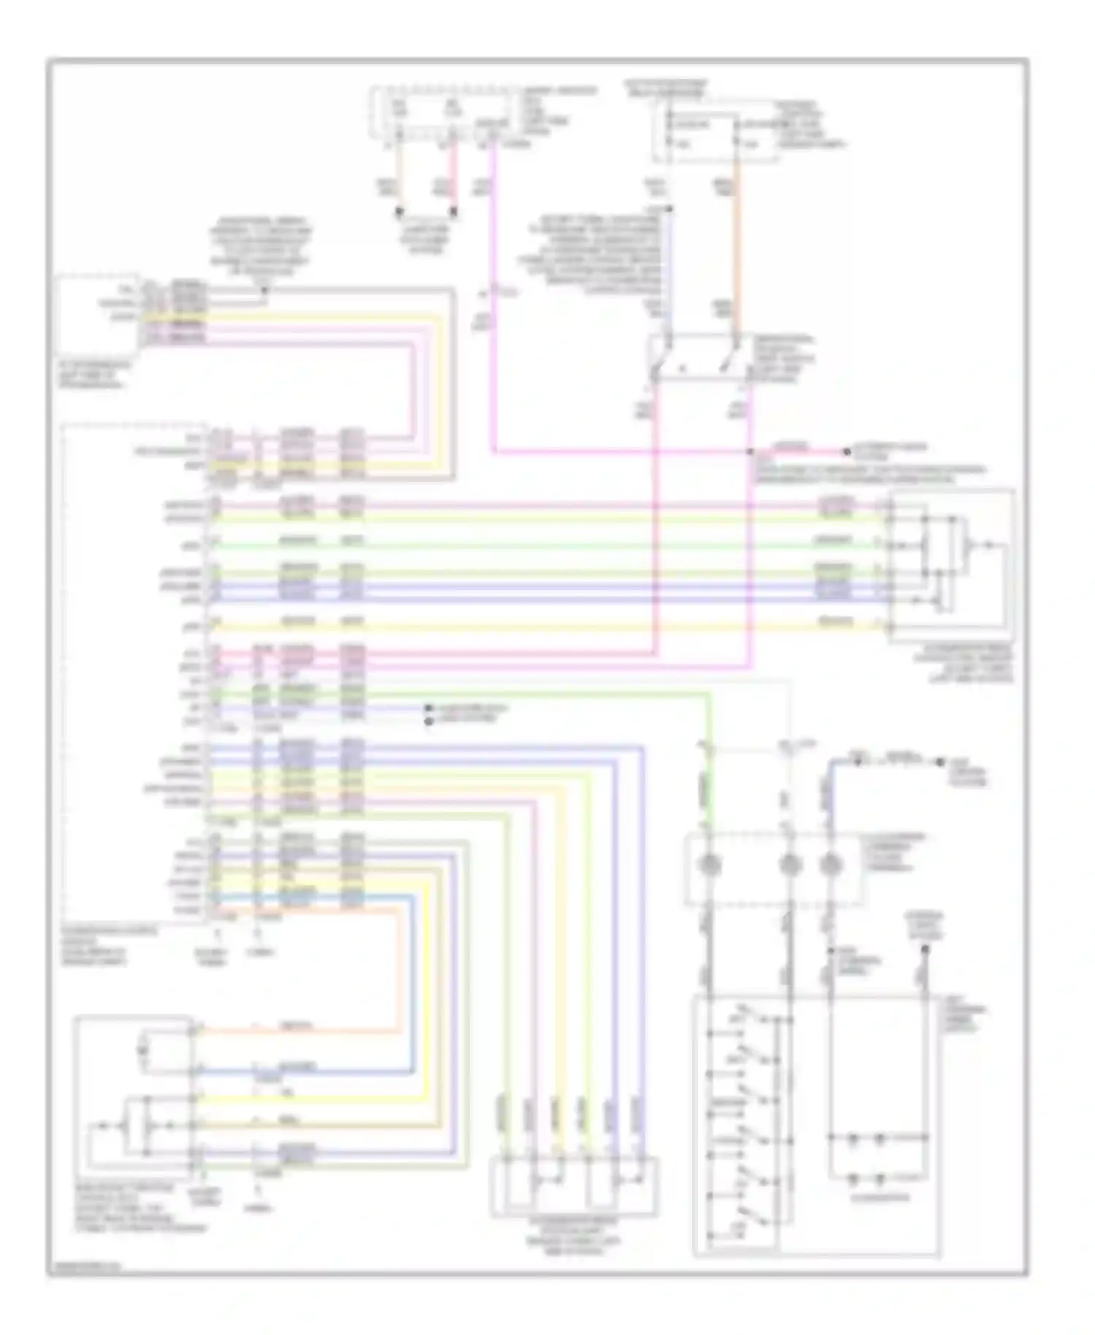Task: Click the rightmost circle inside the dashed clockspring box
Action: [829, 866]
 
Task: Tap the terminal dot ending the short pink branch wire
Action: [846, 452]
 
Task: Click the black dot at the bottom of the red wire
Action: [453, 213]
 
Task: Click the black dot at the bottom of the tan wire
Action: [399, 213]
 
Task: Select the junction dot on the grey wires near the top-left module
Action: [264, 291]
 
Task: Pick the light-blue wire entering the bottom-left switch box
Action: [292, 1072]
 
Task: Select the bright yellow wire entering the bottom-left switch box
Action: [292, 1098]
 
